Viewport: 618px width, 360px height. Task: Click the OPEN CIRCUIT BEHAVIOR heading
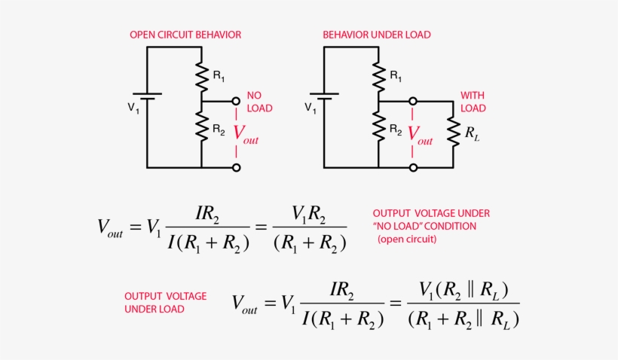tap(185, 35)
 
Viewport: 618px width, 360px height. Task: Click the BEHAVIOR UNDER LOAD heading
tap(377, 35)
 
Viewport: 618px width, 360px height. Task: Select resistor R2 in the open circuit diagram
tap(202, 127)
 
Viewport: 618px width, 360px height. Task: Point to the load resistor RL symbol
tap(454, 133)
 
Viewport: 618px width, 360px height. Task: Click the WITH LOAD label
tap(473, 102)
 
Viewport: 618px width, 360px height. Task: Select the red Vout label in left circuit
tap(246, 134)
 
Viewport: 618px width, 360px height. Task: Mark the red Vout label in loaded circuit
tap(421, 134)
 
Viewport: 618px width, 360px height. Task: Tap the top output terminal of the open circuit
tap(236, 100)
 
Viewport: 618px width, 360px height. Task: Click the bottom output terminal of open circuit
tap(236, 167)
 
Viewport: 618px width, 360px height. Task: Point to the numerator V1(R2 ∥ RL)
tap(463, 290)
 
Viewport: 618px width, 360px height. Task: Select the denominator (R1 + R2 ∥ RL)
tap(463, 319)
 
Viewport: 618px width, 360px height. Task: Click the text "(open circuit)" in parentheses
tap(407, 239)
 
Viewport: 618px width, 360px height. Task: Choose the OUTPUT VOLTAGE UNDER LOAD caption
tap(165, 302)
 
